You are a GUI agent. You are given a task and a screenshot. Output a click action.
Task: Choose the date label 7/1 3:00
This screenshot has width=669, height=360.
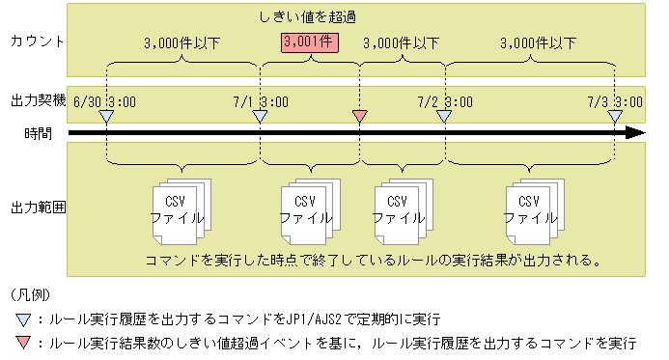coord(259,100)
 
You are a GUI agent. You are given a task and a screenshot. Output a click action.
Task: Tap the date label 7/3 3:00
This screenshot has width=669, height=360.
coord(615,100)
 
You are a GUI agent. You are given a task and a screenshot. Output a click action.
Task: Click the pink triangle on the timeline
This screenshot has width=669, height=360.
coord(359,117)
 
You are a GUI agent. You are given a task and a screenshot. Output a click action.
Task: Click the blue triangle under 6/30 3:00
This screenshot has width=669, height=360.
coord(106,117)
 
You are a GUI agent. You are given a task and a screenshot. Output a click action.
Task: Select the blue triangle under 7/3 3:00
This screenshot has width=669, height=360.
coord(615,117)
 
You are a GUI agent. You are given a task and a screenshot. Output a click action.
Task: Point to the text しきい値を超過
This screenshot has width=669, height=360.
coord(306,16)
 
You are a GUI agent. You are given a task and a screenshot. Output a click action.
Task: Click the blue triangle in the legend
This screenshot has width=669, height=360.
coord(22,318)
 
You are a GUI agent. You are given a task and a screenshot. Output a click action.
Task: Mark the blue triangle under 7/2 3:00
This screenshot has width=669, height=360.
coord(444,117)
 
